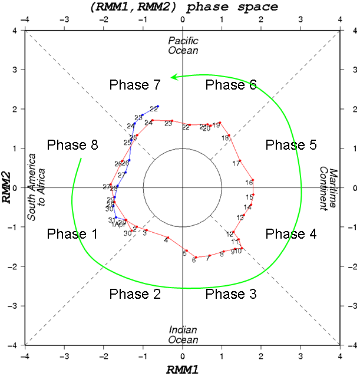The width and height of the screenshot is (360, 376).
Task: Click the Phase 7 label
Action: [x=135, y=85]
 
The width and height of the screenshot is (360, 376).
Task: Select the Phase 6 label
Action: [x=230, y=85]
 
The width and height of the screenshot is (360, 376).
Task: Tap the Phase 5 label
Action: [x=290, y=145]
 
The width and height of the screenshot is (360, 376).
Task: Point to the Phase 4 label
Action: [x=290, y=234]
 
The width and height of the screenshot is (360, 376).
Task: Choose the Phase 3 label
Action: [x=230, y=293]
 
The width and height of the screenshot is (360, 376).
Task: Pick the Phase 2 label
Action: [x=135, y=293]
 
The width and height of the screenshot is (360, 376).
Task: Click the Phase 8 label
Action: [x=72, y=145]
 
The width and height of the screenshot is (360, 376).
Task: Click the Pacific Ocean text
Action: [x=183, y=45]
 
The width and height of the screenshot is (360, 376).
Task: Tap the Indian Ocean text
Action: [x=183, y=334]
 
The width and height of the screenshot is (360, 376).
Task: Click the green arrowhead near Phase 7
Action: [x=171, y=77]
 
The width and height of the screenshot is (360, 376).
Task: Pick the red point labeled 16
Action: [x=253, y=180]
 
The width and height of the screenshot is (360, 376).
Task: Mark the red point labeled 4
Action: [x=168, y=238]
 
